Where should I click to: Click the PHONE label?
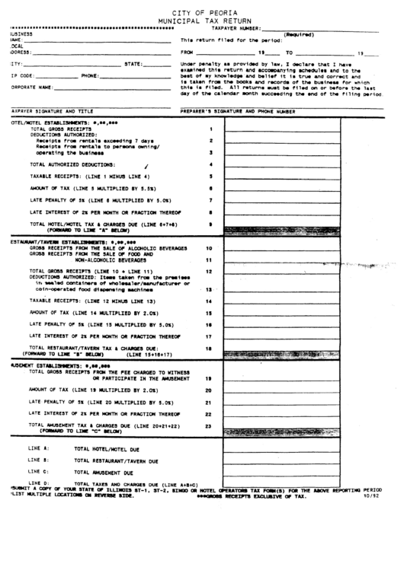point(90,76)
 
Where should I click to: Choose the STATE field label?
point(134,64)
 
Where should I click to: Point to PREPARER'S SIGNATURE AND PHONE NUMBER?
point(237,111)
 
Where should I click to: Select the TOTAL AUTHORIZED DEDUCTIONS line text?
point(72,164)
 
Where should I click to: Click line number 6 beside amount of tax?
point(210,188)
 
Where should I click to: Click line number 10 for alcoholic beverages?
point(208,248)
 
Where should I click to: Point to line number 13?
point(208,290)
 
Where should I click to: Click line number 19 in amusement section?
point(208,378)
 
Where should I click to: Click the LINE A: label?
point(38,449)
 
